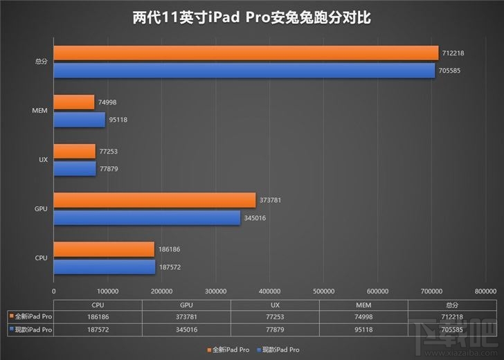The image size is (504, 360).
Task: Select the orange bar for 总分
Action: point(246,53)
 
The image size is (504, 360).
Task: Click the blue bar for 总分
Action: point(244,70)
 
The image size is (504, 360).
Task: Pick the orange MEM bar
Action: point(74,102)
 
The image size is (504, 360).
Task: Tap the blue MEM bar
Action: point(80,119)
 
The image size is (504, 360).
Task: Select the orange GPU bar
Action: point(154,200)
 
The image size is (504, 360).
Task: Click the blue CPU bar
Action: point(105,267)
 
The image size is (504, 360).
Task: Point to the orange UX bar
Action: point(75,152)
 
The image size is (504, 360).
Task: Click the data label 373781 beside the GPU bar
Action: point(272,201)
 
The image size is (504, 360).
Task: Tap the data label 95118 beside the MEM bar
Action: point(118,120)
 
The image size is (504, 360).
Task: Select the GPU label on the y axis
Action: point(41,209)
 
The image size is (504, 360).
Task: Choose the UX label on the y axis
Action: point(43,160)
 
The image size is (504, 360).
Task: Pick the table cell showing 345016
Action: point(186,329)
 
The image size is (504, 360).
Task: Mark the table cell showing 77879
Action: point(275,329)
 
